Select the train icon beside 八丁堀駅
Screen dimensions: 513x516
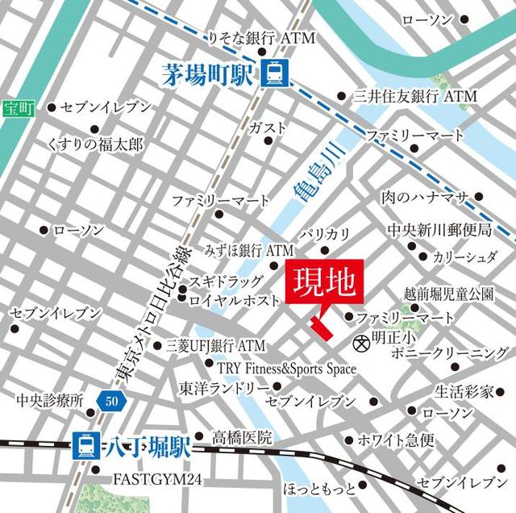85,443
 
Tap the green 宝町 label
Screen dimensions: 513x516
15,107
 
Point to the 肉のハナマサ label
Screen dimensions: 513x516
424,198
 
